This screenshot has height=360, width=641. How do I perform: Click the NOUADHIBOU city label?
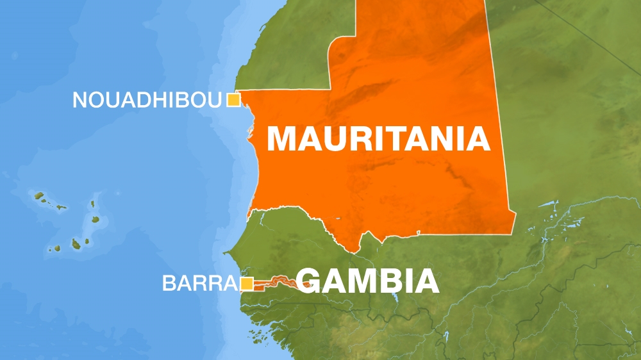(x=147, y=100)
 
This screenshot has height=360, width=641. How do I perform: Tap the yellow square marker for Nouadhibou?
(x=233, y=99)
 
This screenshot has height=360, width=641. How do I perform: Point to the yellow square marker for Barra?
(x=247, y=283)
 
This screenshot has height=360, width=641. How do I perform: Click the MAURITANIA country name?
(x=378, y=139)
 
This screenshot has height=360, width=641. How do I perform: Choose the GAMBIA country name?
(x=369, y=281)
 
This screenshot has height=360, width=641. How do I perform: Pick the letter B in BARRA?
(x=170, y=283)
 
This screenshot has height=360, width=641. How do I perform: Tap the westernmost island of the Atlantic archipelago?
(x=38, y=195)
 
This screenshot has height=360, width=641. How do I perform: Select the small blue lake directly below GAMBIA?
(x=396, y=299)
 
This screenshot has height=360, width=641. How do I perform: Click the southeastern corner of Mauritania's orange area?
(x=514, y=213)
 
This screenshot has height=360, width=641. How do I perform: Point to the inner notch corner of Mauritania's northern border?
(x=331, y=88)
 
